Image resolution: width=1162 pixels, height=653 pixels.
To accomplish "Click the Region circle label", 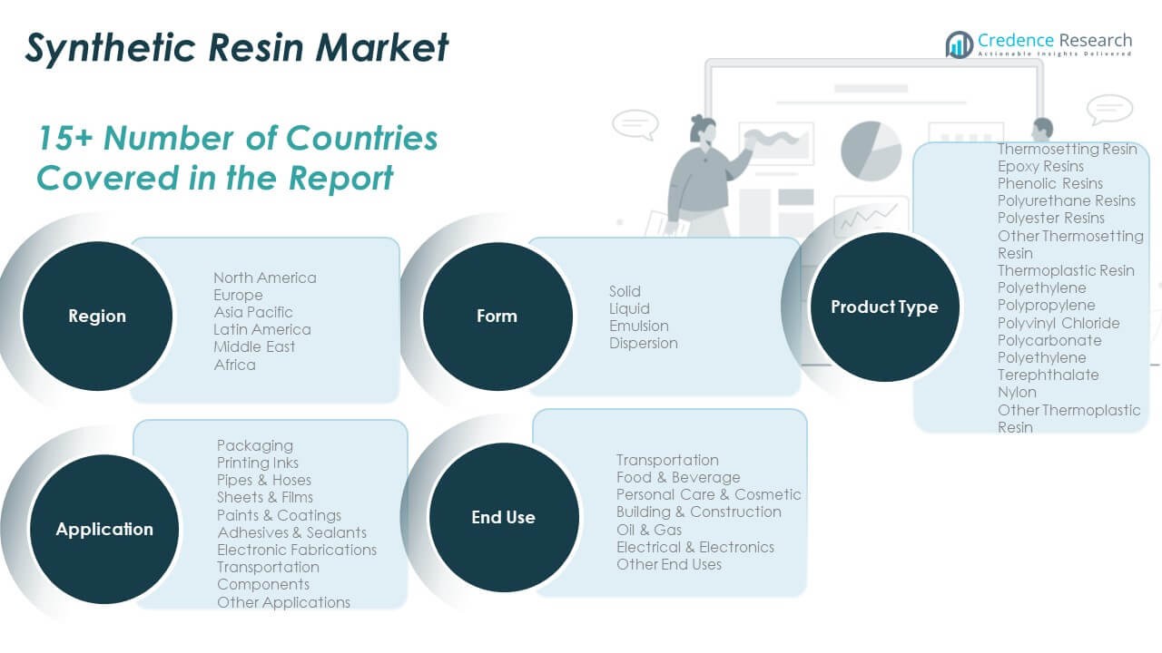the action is coord(97,316).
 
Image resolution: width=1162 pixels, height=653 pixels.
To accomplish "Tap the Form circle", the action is coord(497,317).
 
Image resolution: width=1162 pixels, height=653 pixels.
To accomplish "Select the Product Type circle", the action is coord(884,307).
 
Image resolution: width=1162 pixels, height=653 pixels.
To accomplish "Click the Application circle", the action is coord(104,529).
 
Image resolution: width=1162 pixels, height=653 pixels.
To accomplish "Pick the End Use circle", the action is coord(504,517).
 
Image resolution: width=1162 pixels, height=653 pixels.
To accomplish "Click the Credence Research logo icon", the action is coord(959,44).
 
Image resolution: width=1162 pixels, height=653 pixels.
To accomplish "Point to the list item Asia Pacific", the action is coord(253,312).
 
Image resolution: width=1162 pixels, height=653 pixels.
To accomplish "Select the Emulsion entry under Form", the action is coord(638,326).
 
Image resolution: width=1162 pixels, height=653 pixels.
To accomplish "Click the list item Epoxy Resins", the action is coord(1040,166).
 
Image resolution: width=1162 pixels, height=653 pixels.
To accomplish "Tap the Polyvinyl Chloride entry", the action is coord(1059,323).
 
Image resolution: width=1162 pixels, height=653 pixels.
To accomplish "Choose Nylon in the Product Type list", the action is coord(1017,393).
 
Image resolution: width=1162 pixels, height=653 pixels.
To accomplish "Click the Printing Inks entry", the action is coord(257,463).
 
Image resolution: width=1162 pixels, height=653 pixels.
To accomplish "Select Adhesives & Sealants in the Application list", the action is coord(291,532).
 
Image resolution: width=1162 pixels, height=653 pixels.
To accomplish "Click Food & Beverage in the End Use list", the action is coord(678,477).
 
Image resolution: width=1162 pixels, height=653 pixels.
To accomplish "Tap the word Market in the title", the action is coord(382,48).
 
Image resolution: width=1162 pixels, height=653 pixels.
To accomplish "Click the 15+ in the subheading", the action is coord(65,138).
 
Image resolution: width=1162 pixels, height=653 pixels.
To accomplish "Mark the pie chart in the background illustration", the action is coord(871,151).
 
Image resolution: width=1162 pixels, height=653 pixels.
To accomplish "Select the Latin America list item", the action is coord(262,329).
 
